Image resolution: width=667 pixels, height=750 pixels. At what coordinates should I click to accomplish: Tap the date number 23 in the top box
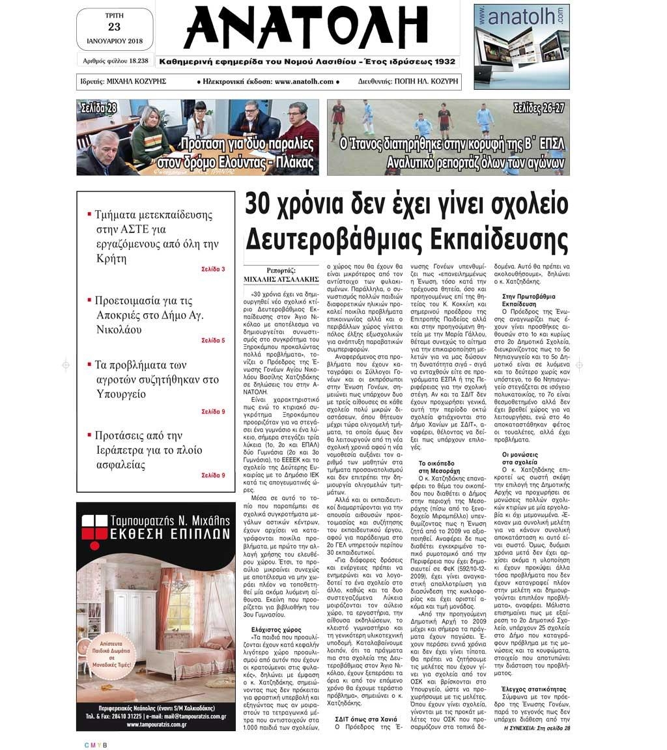[x=115, y=27]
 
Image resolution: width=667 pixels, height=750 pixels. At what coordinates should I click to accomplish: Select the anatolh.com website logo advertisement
[x=521, y=46]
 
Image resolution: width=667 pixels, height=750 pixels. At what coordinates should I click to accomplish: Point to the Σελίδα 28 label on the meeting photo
[x=98, y=107]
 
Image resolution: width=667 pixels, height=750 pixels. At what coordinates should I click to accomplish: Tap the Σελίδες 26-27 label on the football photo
[x=538, y=107]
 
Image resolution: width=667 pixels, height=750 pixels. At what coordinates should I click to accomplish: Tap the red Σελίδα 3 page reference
[x=213, y=269]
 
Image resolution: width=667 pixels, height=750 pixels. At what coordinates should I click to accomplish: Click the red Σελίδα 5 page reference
[x=213, y=340]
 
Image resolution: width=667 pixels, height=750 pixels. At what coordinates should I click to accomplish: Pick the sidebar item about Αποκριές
[x=149, y=315]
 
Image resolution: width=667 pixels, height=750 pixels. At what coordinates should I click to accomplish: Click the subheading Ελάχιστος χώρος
[x=276, y=630]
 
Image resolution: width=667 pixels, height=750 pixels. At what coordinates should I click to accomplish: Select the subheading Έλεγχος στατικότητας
[x=533, y=689]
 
